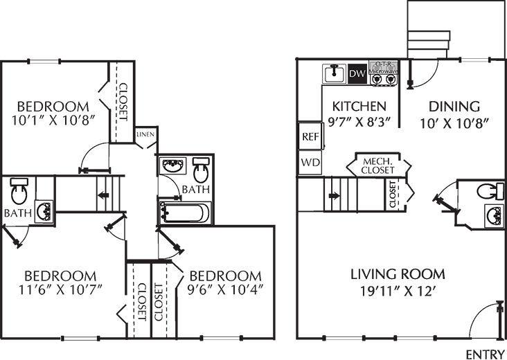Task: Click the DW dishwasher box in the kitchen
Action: (357, 73)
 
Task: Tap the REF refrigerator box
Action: (310, 136)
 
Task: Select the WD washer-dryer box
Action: (309, 163)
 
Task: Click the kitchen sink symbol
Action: (334, 73)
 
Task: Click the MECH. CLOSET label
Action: (379, 165)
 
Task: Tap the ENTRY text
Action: (484, 354)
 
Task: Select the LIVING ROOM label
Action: (398, 273)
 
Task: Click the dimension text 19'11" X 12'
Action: (398, 290)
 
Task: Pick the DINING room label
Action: (454, 107)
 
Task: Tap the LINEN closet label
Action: (145, 134)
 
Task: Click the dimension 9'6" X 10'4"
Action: (226, 289)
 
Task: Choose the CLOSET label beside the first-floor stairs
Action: (393, 195)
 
